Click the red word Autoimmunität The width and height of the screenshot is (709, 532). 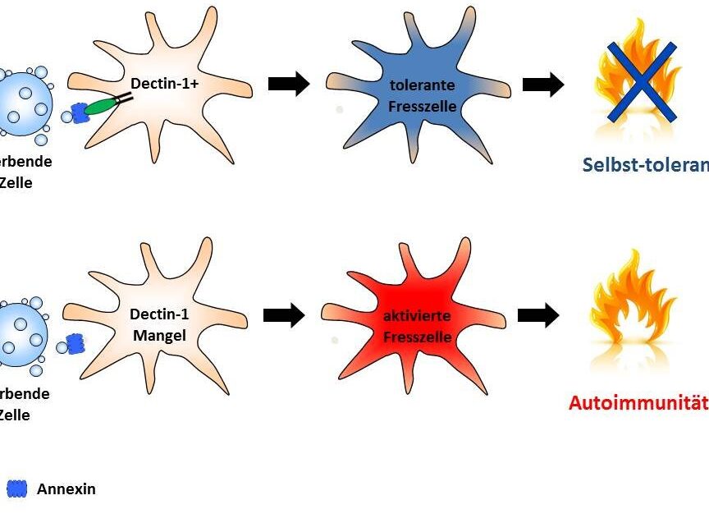click(638, 403)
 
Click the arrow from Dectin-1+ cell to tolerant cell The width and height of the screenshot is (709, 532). click(289, 84)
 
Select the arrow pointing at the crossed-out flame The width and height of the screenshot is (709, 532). click(543, 84)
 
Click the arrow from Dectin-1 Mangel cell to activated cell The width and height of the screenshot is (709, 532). click(284, 315)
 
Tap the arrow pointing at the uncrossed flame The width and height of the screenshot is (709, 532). click(538, 315)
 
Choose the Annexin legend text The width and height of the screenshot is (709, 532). click(66, 489)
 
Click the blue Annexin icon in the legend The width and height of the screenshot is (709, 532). click(17, 489)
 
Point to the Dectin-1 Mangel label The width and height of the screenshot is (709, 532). click(158, 323)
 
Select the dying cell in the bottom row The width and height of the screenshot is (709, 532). click(23, 335)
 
